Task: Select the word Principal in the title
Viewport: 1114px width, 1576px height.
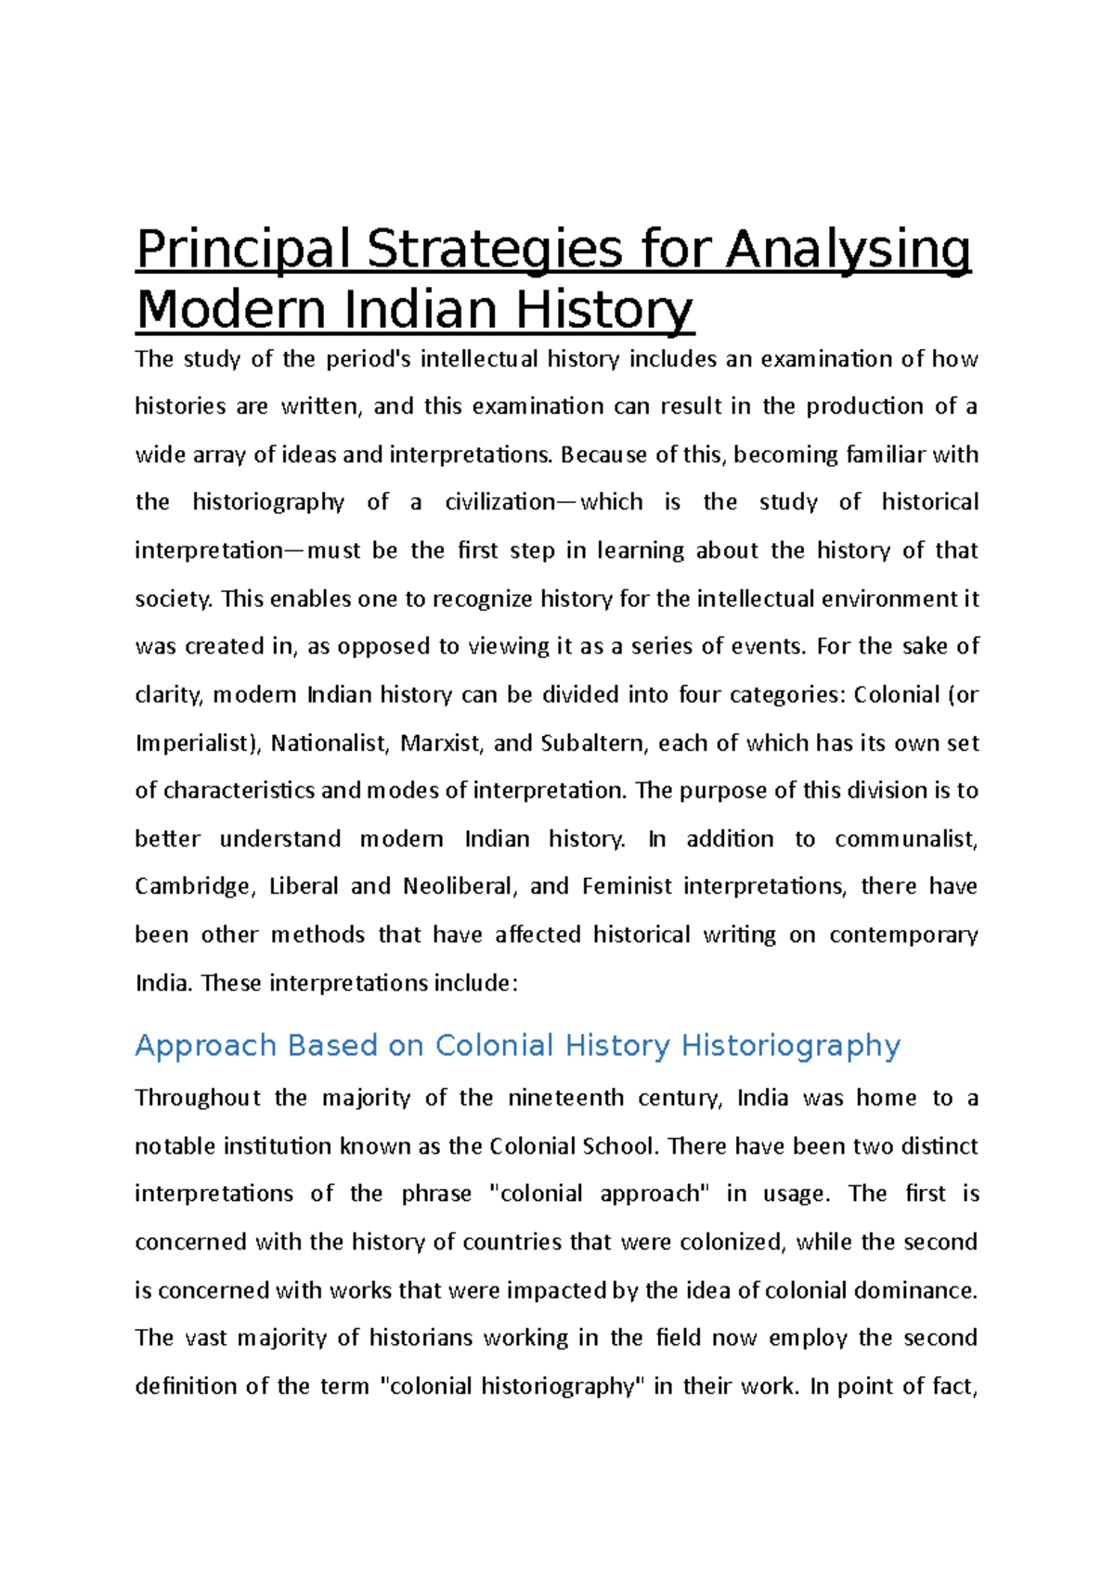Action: [x=243, y=251]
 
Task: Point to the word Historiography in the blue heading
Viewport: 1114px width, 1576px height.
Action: [x=791, y=1045]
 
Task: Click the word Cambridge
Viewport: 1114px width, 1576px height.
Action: [x=193, y=886]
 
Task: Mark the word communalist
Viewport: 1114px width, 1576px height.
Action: [x=906, y=839]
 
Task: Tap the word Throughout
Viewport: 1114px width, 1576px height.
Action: [x=198, y=1098]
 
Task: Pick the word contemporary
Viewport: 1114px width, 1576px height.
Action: [x=903, y=935]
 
